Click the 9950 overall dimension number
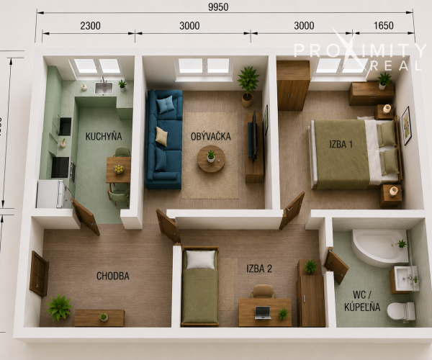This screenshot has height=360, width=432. [x=218, y=7]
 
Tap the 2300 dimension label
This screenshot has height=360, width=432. [x=91, y=26]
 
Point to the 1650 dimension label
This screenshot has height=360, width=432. [x=384, y=26]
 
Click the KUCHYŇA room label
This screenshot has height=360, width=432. [x=104, y=136]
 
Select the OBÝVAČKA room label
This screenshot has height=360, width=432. [x=211, y=136]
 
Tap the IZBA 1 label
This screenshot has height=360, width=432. [x=341, y=144]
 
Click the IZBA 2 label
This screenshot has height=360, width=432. [x=259, y=269]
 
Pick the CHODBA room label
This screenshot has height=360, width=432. [x=113, y=276]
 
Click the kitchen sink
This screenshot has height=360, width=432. [x=104, y=88]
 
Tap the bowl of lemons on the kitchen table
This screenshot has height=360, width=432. [x=119, y=168]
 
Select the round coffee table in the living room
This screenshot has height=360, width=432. [x=211, y=159]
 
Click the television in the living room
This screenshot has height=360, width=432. [x=253, y=137]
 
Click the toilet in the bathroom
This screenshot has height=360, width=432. [x=401, y=311]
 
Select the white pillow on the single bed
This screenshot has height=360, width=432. [x=200, y=260]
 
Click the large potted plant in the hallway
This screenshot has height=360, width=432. [x=59, y=307]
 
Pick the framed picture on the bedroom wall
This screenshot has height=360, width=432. [x=406, y=125]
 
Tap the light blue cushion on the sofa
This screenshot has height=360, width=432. [x=166, y=104]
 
